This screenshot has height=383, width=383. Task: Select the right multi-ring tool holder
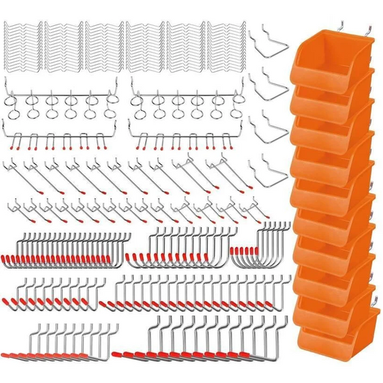188,105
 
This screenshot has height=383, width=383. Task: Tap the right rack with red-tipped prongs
188,137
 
